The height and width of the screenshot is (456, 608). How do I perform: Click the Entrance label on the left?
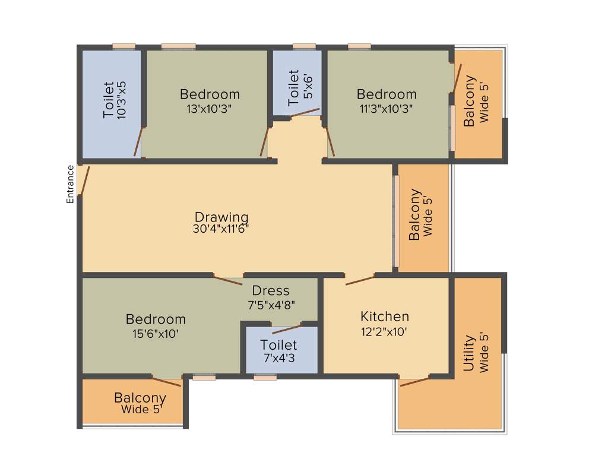tap(70, 184)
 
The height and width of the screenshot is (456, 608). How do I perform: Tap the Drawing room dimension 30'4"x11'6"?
tap(221, 229)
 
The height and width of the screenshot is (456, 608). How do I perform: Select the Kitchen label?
tap(385, 316)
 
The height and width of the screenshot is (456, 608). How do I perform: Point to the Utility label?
tap(469, 353)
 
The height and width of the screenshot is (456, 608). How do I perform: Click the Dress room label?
tap(271, 290)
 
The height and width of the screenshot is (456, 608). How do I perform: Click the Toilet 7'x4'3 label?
tap(278, 345)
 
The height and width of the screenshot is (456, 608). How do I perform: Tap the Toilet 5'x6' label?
tap(294, 88)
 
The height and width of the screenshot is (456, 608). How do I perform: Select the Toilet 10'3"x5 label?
tap(109, 100)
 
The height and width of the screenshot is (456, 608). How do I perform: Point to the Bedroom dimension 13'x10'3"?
tap(210, 109)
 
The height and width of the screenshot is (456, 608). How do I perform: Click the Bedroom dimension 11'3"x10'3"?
tap(387, 109)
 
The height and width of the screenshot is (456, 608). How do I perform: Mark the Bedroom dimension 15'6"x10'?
tap(156, 334)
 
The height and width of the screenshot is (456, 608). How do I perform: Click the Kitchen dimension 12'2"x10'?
tap(385, 332)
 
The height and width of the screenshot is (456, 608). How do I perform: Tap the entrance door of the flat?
tap(84, 180)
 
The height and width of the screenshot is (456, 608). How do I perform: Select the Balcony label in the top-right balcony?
tap(470, 101)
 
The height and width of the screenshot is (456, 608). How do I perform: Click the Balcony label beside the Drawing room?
tap(414, 214)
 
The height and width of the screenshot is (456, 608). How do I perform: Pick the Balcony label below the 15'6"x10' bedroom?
tap(140, 398)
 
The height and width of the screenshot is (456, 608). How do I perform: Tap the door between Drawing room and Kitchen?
tap(360, 280)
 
